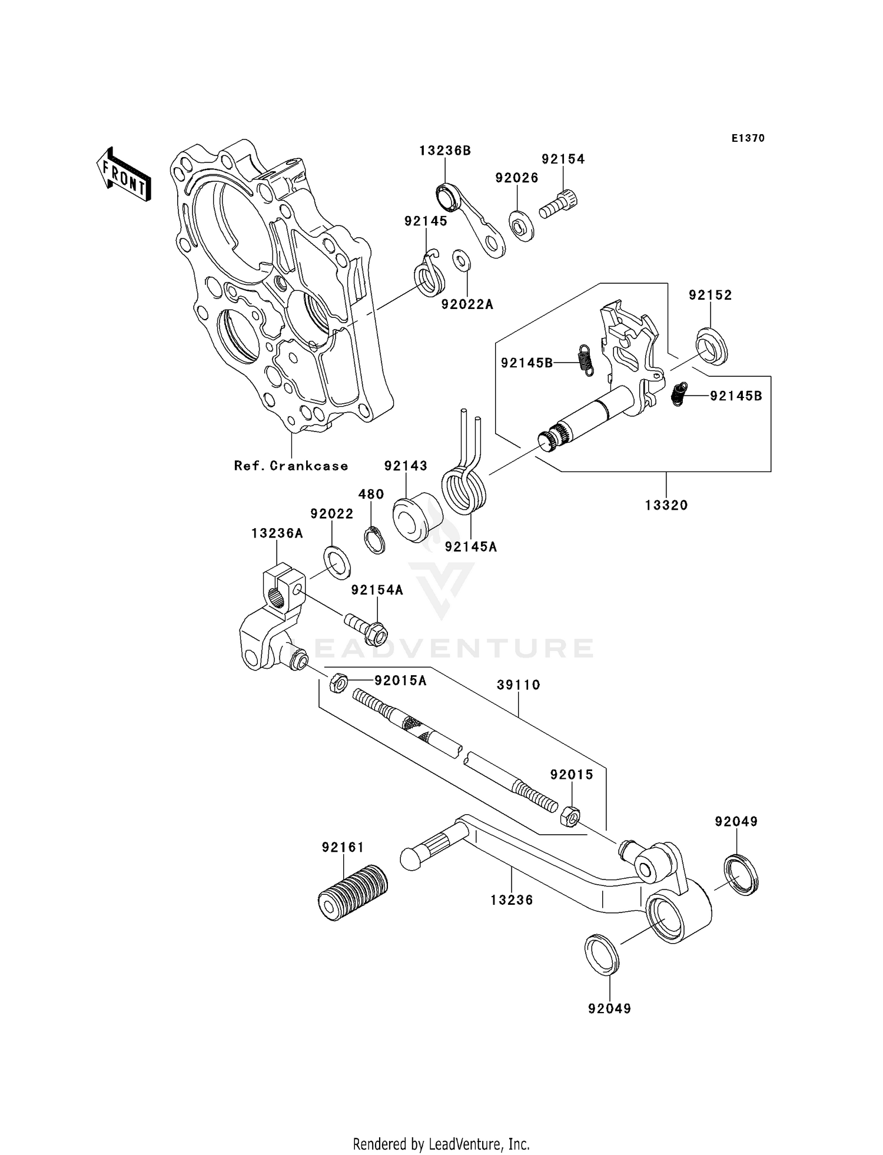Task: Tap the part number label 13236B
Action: [445, 151]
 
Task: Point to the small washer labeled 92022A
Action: [461, 261]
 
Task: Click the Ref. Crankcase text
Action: [291, 466]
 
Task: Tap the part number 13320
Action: [666, 505]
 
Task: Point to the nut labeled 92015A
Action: [338, 682]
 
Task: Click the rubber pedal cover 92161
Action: [353, 898]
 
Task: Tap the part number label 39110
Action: [519, 685]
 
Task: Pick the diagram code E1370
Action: [748, 138]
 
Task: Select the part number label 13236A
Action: [277, 533]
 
